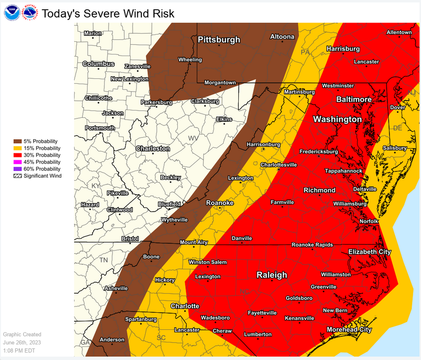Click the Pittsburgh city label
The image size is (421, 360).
coord(219,40)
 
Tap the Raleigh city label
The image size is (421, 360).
coord(272,275)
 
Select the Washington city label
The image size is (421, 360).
coord(337,119)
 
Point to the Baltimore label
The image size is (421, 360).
coord(354,99)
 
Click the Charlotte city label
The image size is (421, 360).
coord(185,306)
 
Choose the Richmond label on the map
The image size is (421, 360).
coord(319,190)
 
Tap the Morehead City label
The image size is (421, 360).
coord(349,330)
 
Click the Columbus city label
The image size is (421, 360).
coord(98,64)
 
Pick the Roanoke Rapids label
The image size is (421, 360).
coord(312,245)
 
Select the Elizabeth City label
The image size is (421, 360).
coord(369,252)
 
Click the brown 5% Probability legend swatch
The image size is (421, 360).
coord(18,141)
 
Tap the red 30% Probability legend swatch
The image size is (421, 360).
coord(18,155)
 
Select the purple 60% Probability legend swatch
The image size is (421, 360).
coord(18,169)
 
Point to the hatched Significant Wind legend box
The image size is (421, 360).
coord(18,176)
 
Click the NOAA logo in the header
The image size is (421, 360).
coord(12,13)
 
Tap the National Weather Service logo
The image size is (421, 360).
coord(30,13)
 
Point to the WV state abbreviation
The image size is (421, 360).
coord(193,138)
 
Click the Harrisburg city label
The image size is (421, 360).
coord(343,49)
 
